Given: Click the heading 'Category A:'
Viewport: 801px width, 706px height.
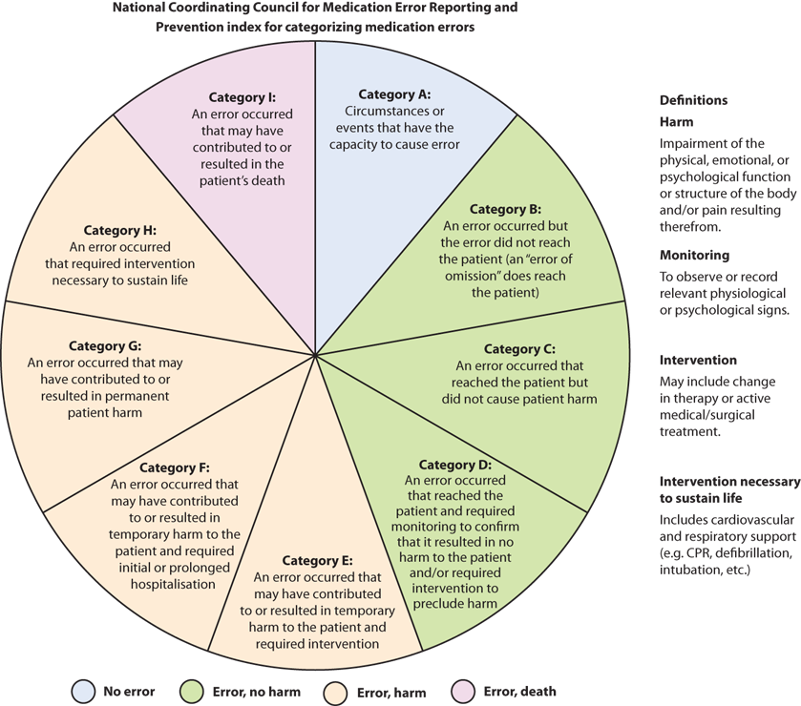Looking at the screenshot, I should [x=394, y=94].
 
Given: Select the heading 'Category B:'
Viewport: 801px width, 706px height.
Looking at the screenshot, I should [x=505, y=209].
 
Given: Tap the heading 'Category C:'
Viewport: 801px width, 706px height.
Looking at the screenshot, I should [x=518, y=349].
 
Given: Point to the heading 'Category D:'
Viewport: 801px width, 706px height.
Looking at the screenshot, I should [x=454, y=466].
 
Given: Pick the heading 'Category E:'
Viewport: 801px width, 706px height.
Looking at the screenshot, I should [x=318, y=561].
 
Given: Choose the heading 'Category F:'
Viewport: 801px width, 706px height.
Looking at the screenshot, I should [x=174, y=467].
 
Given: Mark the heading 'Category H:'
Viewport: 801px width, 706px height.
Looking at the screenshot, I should [x=119, y=230].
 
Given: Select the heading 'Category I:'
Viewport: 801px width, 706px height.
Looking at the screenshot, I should [x=242, y=97].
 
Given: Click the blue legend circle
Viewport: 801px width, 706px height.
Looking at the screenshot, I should [x=83, y=692].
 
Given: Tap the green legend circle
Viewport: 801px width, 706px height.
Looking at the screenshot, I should [x=191, y=692].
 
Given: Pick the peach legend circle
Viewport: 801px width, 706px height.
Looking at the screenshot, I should [x=335, y=692].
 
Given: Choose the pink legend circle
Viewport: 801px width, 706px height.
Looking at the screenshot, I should [x=462, y=692].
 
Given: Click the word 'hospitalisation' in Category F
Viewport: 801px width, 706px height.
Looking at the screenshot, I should [x=173, y=584].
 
